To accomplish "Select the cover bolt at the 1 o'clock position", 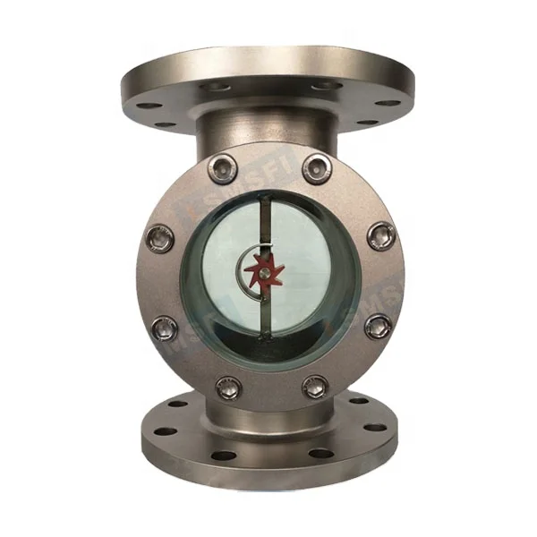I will pos(314,166).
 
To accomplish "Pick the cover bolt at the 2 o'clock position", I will pos(379,234).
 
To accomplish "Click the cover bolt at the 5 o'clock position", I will pos(314,387).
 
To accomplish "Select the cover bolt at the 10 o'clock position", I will pos(158,237).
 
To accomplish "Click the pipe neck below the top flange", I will pos(268,125).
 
